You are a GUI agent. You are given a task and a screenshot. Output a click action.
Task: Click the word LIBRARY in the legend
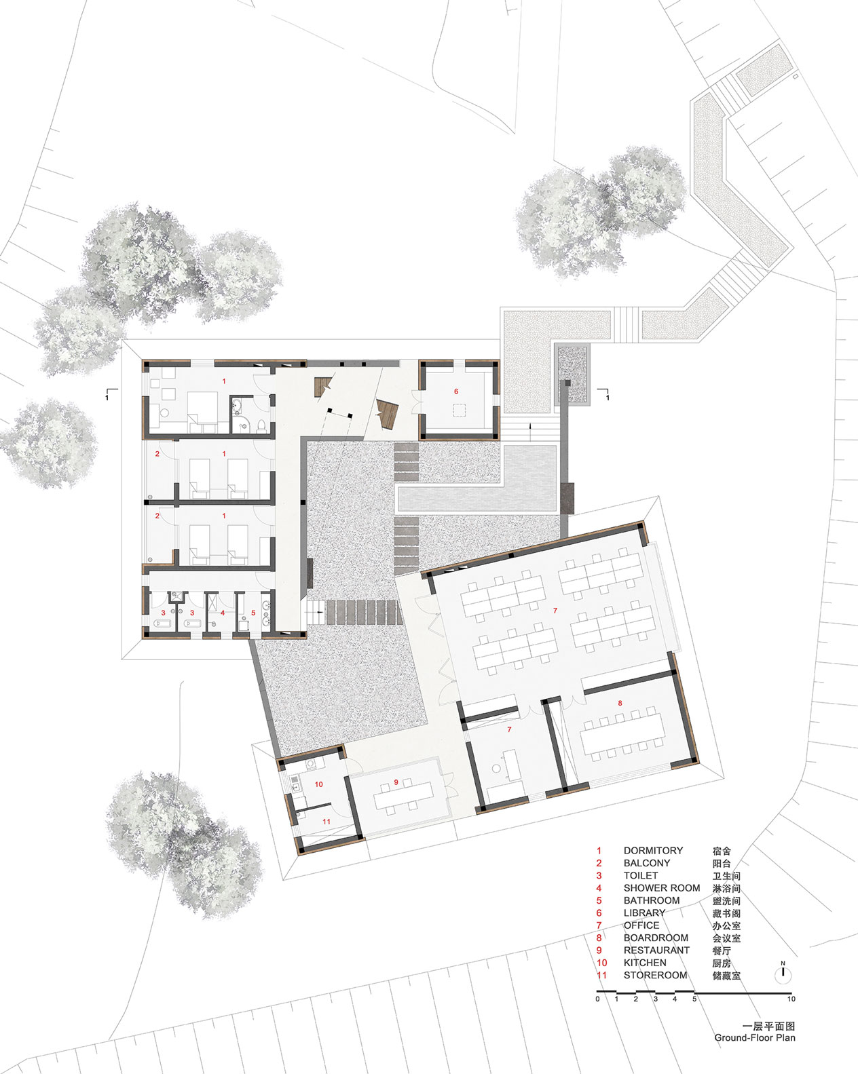coord(644,913)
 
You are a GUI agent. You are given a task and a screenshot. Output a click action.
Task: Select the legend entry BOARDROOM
coord(656,938)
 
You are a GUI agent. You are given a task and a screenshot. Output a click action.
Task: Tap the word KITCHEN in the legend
coord(645,963)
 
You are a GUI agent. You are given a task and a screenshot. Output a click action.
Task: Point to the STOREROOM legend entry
coord(655,975)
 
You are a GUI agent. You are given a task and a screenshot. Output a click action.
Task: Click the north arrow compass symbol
coord(783,974)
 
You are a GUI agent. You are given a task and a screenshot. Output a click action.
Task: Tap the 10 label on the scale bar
coord(791,999)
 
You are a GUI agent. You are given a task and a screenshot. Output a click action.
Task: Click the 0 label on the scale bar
coord(598,999)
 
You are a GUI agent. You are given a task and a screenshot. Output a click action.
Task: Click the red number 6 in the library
coord(456,391)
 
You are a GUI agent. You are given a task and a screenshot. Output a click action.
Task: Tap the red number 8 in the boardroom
coord(620,703)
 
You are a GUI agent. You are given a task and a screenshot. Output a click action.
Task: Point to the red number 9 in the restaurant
coord(396,782)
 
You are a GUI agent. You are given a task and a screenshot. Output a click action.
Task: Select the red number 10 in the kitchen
coord(318,784)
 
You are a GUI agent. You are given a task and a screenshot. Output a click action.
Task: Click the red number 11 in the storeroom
coord(326,822)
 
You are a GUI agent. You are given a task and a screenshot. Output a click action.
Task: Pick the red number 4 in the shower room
coord(223,613)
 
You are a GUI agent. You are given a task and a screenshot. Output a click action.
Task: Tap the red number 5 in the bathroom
coord(253,613)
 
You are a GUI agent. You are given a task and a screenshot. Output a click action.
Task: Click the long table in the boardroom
coord(622,731)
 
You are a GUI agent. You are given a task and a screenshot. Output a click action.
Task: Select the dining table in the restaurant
coord(403,795)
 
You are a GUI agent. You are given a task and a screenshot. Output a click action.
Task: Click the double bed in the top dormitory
coord(203,408)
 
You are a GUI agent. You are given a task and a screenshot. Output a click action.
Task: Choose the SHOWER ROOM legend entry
coord(662,888)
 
